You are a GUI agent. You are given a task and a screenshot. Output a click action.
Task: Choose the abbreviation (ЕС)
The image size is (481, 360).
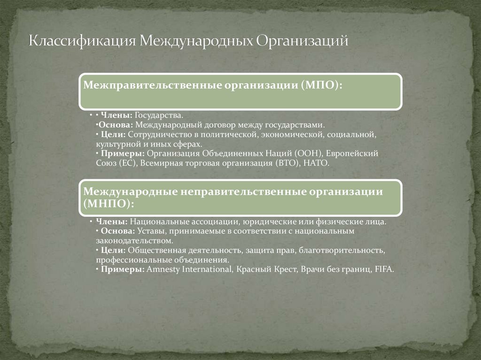(126, 163)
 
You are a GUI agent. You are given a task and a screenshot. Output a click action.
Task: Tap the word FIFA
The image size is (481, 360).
(383, 269)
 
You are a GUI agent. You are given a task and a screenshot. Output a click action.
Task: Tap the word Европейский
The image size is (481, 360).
(356, 153)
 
